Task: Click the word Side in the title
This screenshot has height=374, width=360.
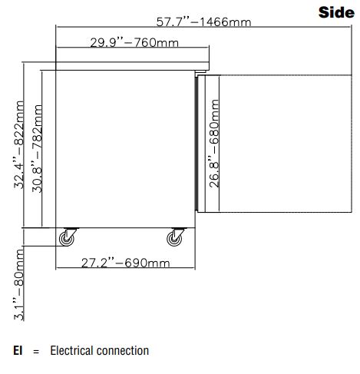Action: [336, 12]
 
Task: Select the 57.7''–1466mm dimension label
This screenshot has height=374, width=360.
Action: [203, 22]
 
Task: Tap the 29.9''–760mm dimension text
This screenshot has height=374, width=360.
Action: [134, 42]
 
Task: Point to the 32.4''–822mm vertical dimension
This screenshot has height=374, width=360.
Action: [19, 145]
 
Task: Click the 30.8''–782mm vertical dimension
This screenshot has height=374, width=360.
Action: [37, 148]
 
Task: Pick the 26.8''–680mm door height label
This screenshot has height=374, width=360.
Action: [214, 144]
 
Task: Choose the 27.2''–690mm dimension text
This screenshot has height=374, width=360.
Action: [125, 263]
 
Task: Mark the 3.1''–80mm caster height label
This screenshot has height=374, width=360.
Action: [19, 285]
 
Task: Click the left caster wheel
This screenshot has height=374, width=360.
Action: [67, 239]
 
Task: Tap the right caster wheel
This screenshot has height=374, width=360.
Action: [174, 239]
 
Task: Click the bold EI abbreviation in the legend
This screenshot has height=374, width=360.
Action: [18, 350]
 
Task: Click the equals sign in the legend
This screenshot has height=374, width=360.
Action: [36, 352]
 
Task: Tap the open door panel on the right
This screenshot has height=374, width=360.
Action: [286, 144]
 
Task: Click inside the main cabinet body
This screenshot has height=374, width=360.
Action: [125, 149]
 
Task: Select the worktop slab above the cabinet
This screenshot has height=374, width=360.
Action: [132, 66]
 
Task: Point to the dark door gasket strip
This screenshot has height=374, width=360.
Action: [197, 144]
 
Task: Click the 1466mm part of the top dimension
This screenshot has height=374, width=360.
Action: [225, 22]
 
